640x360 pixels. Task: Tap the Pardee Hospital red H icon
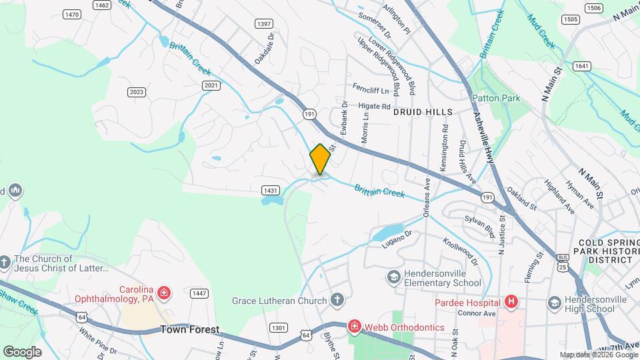coord(511,301)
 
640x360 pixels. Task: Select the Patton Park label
coord(496,98)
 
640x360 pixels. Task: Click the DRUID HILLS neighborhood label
coord(423,112)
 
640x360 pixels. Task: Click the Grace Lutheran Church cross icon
coord(338,300)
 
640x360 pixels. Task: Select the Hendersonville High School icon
coord(554,304)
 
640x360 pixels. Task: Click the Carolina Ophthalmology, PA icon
coord(164,292)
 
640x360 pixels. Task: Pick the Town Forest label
coord(189,329)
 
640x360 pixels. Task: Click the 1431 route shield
coord(271,191)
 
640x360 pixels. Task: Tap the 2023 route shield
coord(137,92)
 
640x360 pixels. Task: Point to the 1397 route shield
coord(263,24)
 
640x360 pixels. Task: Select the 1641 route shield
coord(581,66)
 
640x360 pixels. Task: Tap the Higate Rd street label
coord(375,106)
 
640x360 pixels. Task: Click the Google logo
coord(22,351)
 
